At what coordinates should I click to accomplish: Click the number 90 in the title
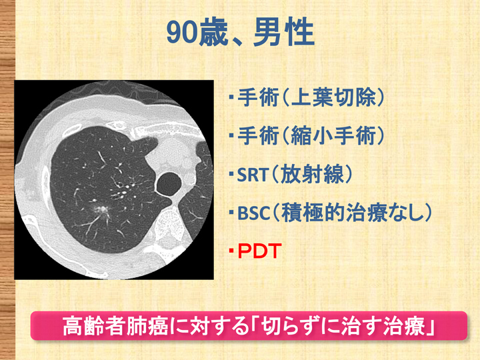[x=183, y=33]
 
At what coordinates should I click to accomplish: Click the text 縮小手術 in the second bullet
[x=333, y=136]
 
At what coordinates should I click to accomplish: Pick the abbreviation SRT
[x=253, y=175]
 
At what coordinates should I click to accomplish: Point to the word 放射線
[x=312, y=174]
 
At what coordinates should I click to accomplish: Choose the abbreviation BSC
[x=253, y=213]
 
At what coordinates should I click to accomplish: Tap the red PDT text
[x=259, y=251]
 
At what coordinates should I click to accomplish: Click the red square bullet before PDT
[x=231, y=251]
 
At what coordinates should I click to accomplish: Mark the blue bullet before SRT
[x=231, y=175]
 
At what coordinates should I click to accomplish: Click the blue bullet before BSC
[x=231, y=213]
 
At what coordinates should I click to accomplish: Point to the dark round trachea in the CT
[x=169, y=184]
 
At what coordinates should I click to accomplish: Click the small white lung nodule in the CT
[x=101, y=210]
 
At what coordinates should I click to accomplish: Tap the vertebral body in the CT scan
[x=168, y=225]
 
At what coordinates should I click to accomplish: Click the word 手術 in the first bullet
[x=258, y=97]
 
